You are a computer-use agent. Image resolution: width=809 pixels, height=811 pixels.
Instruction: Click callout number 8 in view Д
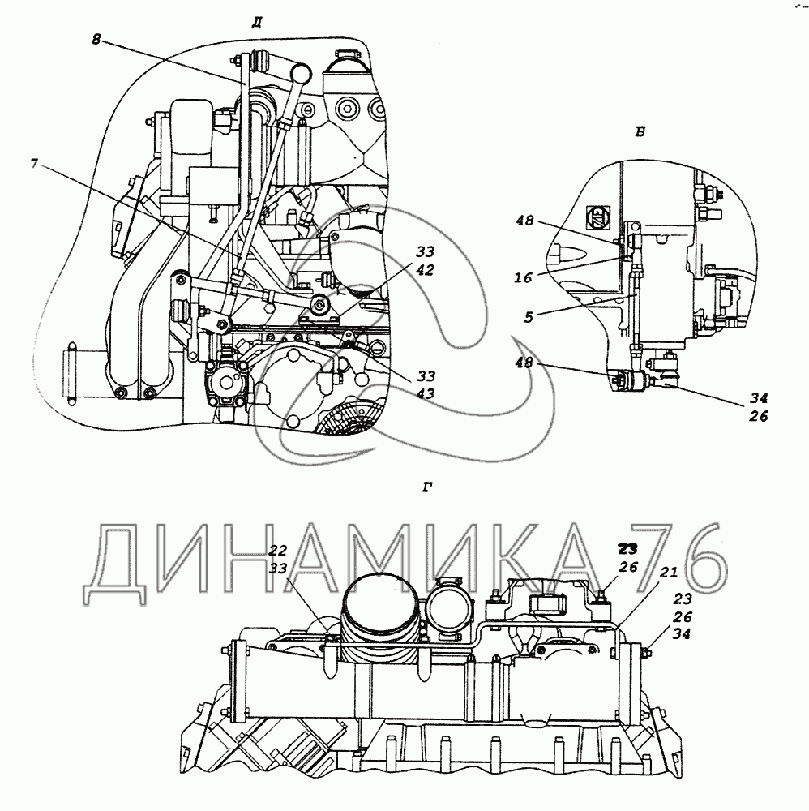click(96, 39)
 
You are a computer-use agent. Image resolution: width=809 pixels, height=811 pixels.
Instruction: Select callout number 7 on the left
click(34, 164)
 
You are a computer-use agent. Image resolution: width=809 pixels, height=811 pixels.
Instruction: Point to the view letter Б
click(640, 131)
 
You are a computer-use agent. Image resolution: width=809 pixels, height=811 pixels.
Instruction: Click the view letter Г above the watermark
click(427, 487)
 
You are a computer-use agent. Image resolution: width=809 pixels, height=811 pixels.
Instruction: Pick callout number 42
click(425, 270)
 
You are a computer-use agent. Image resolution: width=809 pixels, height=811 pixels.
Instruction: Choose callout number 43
click(425, 393)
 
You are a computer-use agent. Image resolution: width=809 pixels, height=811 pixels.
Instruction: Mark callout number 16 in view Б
click(523, 277)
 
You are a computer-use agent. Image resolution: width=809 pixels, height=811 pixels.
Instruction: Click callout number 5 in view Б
click(528, 316)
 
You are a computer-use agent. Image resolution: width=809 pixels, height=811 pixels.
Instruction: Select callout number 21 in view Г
click(668, 573)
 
